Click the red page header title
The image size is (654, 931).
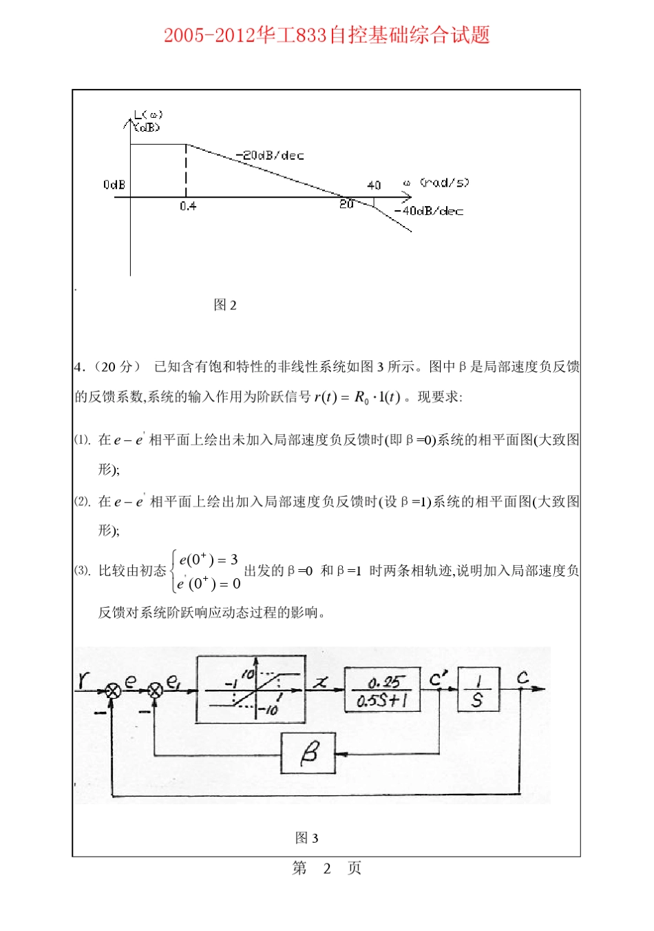[x=326, y=35]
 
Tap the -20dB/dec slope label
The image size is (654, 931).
[x=269, y=156]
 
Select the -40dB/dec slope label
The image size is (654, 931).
[x=428, y=211]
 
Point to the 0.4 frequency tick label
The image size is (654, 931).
[x=187, y=206]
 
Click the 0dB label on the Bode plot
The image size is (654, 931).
[x=114, y=185]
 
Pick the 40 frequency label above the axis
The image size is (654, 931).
[x=374, y=185]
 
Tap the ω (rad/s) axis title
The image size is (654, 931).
[x=436, y=183]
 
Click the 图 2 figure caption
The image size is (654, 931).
[x=225, y=305]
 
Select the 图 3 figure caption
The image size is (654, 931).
[x=306, y=838]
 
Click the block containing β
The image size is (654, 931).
[x=308, y=753]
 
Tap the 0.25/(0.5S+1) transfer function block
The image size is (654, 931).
[x=383, y=690]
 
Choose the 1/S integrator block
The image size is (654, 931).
[x=478, y=689]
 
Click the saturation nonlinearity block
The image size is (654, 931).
[x=251, y=689]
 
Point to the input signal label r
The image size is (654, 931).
[x=83, y=680]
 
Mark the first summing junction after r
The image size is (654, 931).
[x=113, y=690]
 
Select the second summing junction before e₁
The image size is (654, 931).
[x=155, y=690]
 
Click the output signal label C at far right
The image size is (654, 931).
[x=523, y=678]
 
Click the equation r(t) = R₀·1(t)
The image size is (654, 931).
[x=357, y=397]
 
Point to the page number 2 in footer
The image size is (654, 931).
[x=327, y=868]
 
